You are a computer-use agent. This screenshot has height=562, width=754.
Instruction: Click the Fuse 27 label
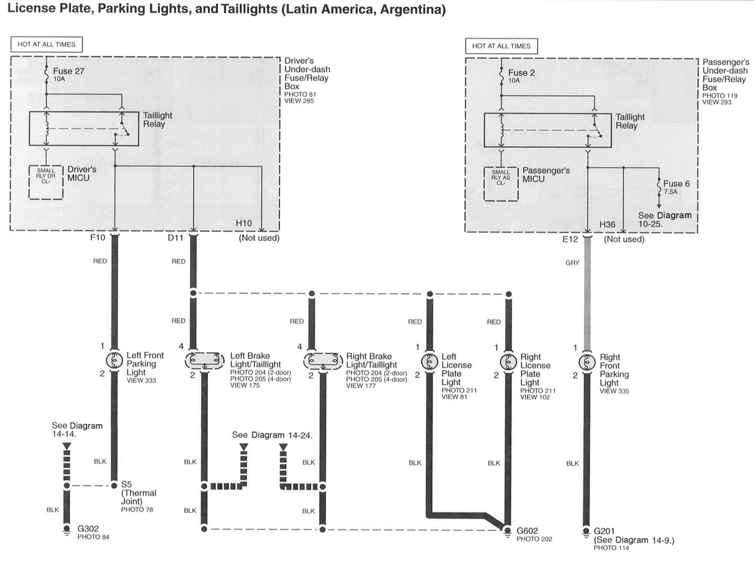pyautogui.click(x=68, y=72)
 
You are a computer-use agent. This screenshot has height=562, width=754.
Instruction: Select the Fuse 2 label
pyautogui.click(x=521, y=73)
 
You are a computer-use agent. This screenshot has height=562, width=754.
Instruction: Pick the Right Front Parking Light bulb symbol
pyautogui.click(x=587, y=362)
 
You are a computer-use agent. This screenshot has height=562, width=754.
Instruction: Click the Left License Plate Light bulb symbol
pyautogui.click(x=430, y=362)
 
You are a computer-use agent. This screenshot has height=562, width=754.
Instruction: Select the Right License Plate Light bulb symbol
pyautogui.click(x=509, y=362)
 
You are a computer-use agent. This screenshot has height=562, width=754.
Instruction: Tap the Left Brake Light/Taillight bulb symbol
pyautogui.click(x=204, y=361)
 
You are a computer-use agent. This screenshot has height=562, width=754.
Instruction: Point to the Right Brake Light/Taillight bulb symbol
pyautogui.click(x=323, y=361)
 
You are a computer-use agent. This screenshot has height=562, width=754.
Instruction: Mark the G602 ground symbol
pyautogui.click(x=507, y=531)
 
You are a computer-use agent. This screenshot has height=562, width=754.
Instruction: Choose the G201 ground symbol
pyautogui.click(x=586, y=532)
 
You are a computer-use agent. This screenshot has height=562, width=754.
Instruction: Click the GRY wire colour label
pyautogui.click(x=572, y=262)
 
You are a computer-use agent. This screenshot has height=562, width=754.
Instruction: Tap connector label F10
pyautogui.click(x=98, y=238)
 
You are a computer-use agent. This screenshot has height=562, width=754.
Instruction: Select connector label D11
pyautogui.click(x=175, y=238)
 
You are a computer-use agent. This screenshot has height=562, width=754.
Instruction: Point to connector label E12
pyautogui.click(x=570, y=239)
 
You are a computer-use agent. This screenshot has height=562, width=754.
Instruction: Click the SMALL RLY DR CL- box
pyautogui.click(x=46, y=182)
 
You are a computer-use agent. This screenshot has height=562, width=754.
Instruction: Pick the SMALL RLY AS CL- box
pyautogui.click(x=501, y=184)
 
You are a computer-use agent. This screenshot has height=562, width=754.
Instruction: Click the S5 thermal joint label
pyautogui.click(x=126, y=484)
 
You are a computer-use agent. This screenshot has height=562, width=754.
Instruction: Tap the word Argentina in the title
pyautogui.click(x=412, y=9)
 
